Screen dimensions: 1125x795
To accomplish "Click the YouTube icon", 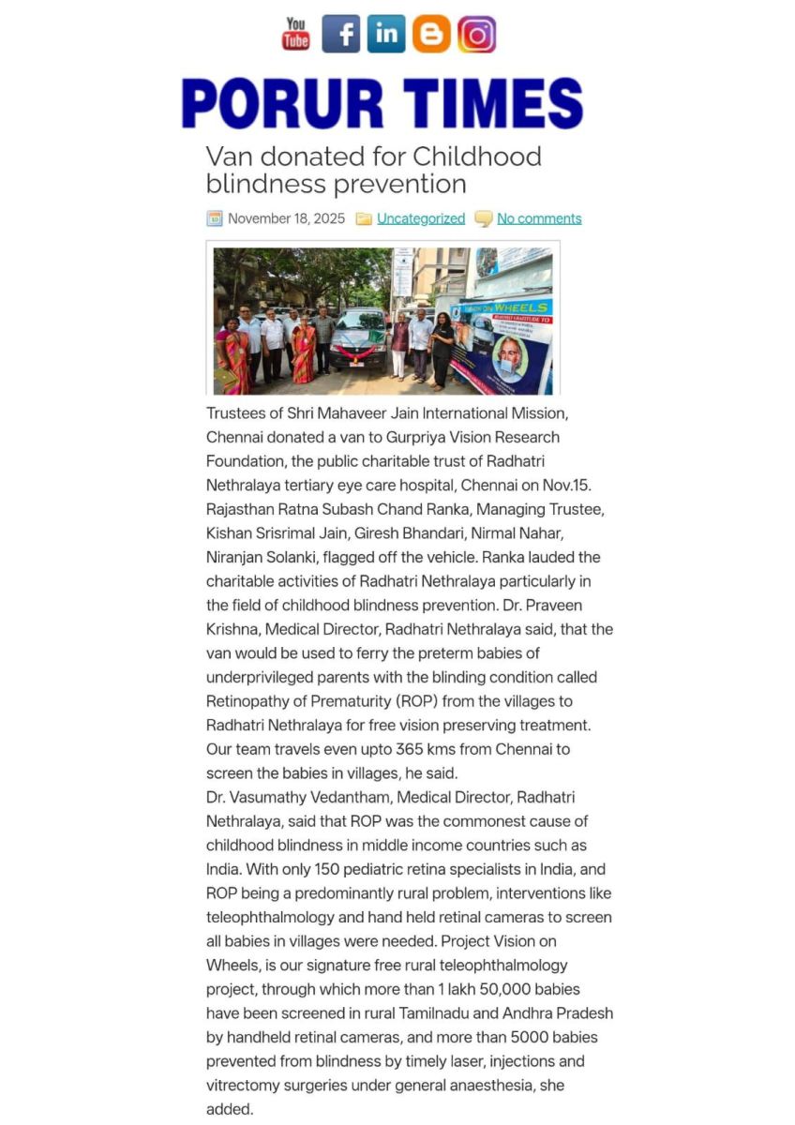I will tap(296, 34).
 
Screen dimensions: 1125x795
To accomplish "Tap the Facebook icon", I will tap(340, 34).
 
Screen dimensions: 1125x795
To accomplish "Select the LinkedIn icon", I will tap(386, 34).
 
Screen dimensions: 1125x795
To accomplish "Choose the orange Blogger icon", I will tap(431, 34).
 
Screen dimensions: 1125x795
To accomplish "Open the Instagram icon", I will tap(476, 34).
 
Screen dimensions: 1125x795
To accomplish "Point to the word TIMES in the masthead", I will tap(493, 103).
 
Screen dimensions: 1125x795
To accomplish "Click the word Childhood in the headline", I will tap(477, 156).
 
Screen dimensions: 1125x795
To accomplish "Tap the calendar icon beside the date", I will tap(215, 218).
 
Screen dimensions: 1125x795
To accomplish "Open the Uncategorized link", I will tap(421, 218).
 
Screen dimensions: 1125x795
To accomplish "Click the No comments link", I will tap(539, 218).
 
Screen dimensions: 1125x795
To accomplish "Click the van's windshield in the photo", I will tap(358, 322).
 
